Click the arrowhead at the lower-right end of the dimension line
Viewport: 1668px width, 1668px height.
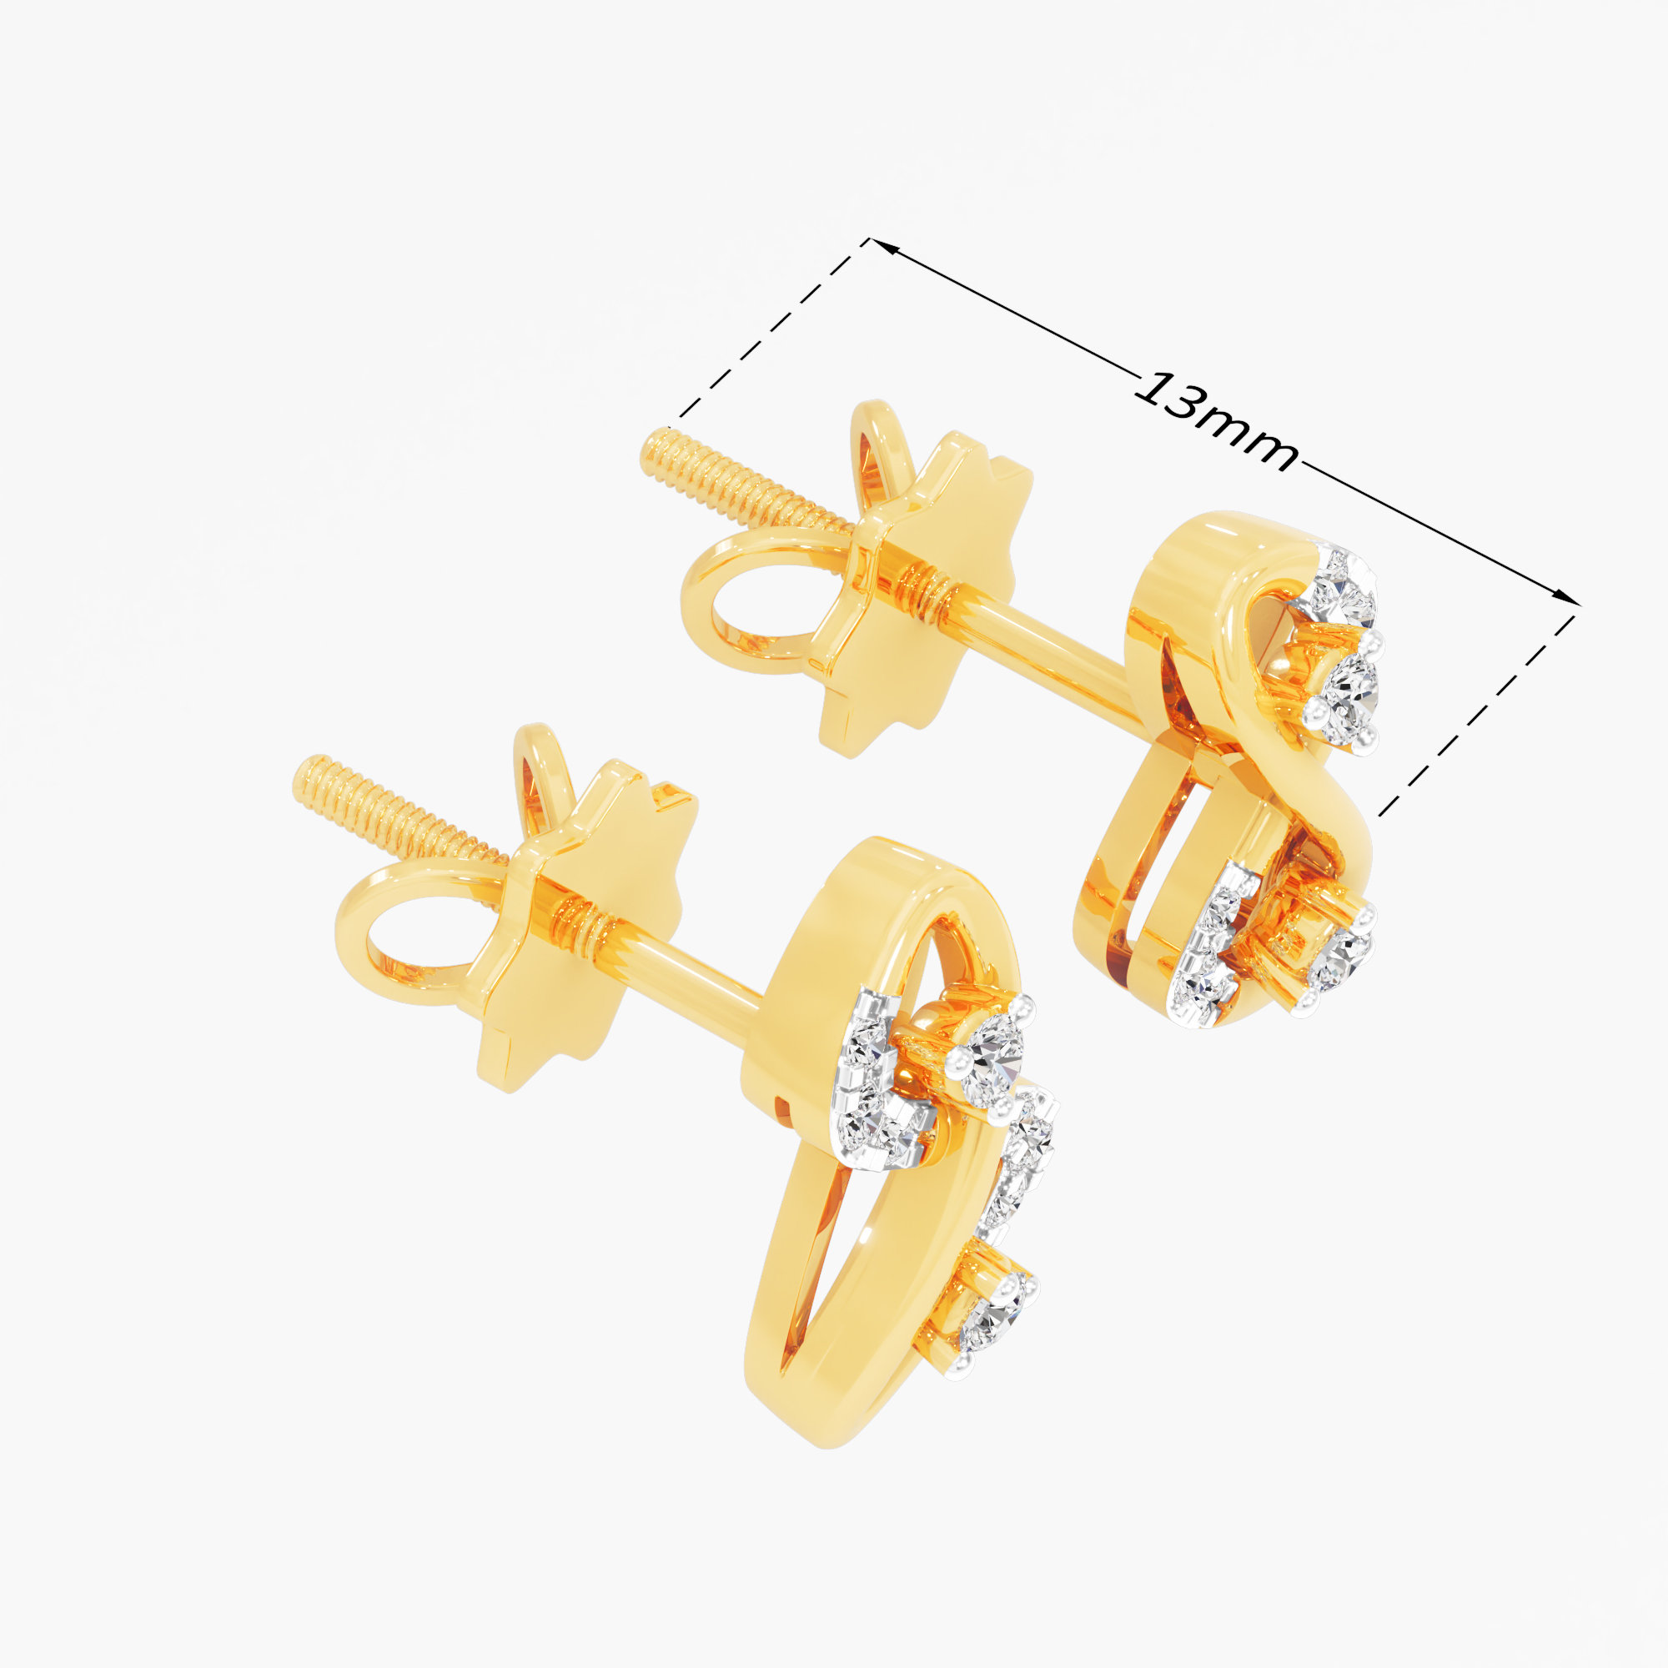(x=1562, y=596)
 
